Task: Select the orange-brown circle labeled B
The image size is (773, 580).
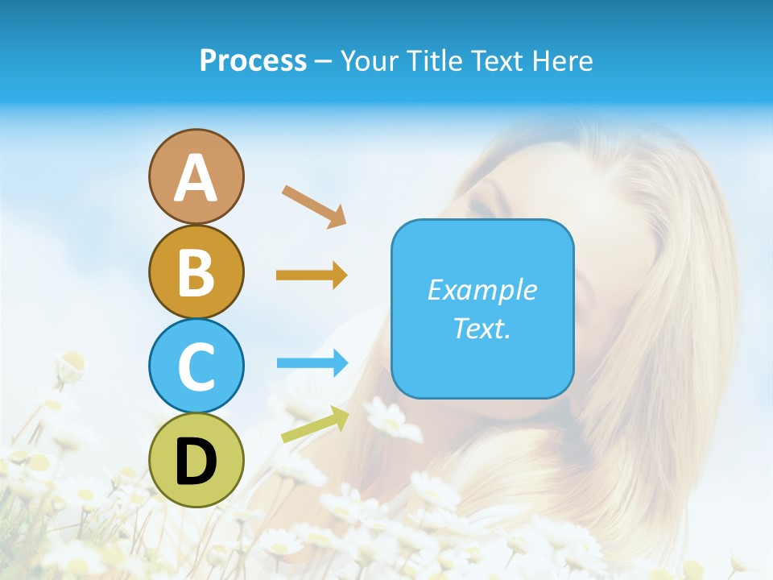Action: click(196, 271)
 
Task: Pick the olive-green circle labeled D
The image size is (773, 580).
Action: click(196, 460)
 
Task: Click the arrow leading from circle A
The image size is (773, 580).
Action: click(314, 206)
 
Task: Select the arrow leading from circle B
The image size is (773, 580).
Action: click(312, 275)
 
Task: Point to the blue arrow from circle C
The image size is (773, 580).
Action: click(312, 363)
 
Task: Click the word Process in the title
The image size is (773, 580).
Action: click(253, 60)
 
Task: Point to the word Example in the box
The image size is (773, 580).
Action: click(482, 290)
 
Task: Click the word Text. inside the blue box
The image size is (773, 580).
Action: click(482, 328)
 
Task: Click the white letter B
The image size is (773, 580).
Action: click(196, 272)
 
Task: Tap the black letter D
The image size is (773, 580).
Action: click(196, 462)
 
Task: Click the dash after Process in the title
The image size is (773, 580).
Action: click(323, 61)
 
